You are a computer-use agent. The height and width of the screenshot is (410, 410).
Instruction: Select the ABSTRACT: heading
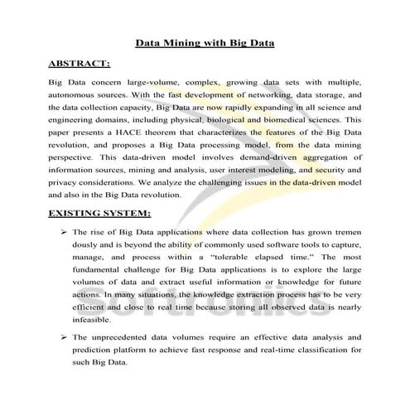click(x=80, y=63)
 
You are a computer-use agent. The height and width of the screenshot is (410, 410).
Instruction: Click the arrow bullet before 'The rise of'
click(x=64, y=234)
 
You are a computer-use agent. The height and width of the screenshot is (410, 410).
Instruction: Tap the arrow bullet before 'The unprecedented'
click(x=64, y=337)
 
